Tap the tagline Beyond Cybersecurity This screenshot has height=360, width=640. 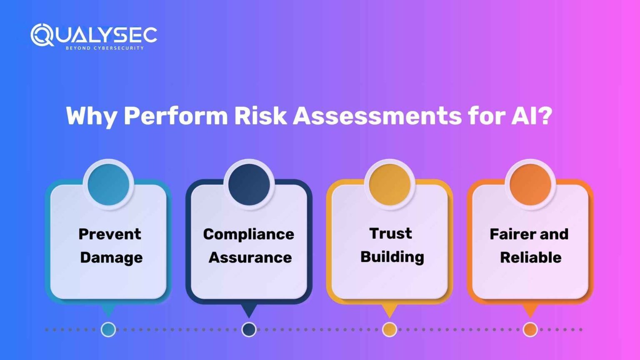[105, 48]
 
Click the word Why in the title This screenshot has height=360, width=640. [91, 116]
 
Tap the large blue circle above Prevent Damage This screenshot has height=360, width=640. [108, 185]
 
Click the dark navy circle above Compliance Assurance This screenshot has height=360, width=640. [249, 185]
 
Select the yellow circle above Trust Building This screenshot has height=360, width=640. [390, 185]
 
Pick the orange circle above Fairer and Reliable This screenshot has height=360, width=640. [530, 185]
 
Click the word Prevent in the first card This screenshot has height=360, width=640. [110, 234]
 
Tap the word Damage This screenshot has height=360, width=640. [111, 257]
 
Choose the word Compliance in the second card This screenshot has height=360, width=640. [249, 234]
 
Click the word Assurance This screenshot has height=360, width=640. [250, 257]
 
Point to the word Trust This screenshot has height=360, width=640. [390, 233]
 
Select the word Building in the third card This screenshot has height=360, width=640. [392, 257]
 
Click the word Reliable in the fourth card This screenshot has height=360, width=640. [530, 257]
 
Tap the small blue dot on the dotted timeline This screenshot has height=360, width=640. [108, 330]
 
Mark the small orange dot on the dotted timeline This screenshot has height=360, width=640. [530, 330]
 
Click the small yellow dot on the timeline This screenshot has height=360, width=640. [390, 330]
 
